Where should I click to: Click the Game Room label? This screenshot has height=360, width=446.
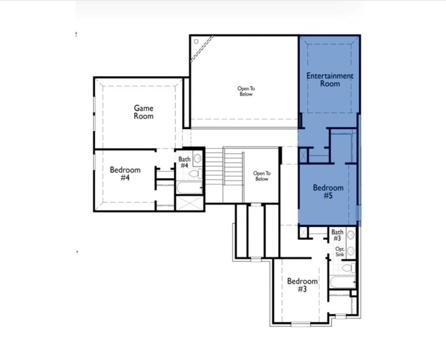click(143, 112)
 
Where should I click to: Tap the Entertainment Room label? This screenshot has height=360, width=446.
click(330, 80)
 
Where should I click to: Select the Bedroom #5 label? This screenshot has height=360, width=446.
click(328, 192)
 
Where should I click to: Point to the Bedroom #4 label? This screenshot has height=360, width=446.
click(125, 173)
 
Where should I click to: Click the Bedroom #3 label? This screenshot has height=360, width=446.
click(302, 285)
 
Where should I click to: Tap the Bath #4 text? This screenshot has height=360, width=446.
click(184, 163)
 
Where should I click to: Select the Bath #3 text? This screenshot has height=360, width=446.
click(337, 235)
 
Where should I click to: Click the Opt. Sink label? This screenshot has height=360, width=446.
click(340, 252)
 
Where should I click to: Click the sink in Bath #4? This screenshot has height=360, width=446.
click(198, 158)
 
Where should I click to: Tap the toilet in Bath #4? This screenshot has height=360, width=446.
click(194, 174)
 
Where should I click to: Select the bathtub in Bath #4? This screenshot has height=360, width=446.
click(189, 188)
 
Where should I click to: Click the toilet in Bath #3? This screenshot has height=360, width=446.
click(349, 268)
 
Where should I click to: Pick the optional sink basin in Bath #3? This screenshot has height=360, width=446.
click(351, 251)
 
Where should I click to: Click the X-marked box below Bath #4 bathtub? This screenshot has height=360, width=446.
click(189, 203)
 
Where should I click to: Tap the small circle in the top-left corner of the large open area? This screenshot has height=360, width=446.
click(196, 41)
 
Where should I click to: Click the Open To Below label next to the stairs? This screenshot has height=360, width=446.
click(261, 176)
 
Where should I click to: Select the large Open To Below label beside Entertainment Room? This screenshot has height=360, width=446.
click(246, 91)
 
